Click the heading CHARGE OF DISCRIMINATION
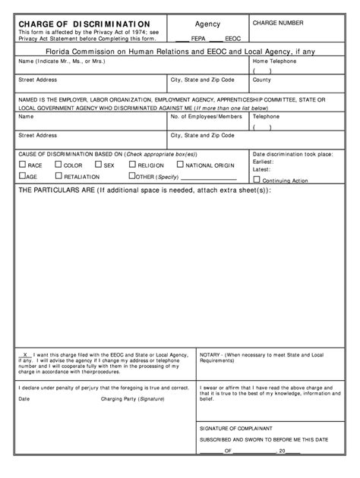[84, 24]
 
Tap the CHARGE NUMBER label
[278, 24]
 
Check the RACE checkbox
[22, 165]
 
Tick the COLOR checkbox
[58, 165]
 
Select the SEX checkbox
[98, 165]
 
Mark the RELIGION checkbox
[132, 165]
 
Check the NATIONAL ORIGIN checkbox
[180, 165]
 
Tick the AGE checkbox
[22, 176]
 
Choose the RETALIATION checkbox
[58, 176]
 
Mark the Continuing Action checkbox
[256, 181]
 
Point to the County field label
[262, 80]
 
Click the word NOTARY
[213, 354]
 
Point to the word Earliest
[264, 162]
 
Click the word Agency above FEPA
[207, 24]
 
